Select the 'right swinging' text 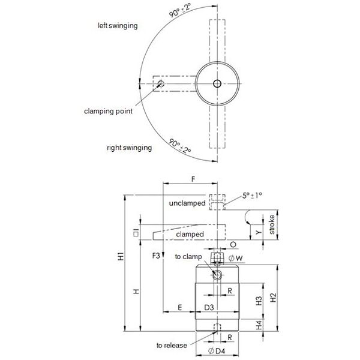tap(129, 147)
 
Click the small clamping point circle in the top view tap(159, 83)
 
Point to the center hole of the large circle tap(216, 83)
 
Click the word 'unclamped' tap(187, 204)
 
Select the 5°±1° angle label tap(254, 196)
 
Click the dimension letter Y tap(258, 231)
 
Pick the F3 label tap(157, 256)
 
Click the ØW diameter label tap(236, 259)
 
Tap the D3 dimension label tap(209, 307)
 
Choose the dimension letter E tap(180, 307)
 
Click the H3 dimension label tap(259, 301)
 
